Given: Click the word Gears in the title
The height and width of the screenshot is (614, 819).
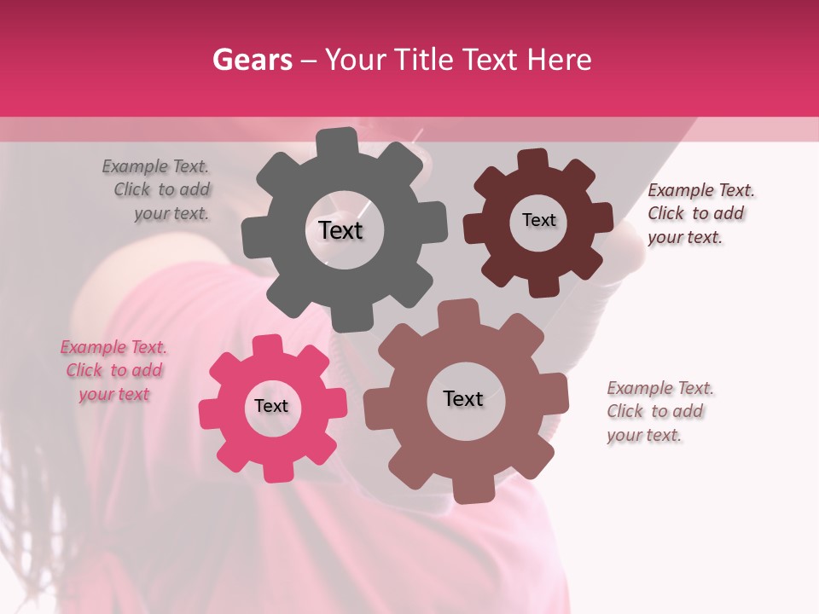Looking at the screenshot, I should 252,60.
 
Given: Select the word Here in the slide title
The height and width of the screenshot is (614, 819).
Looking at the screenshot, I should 560,60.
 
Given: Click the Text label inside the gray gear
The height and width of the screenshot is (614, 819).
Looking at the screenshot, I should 340,230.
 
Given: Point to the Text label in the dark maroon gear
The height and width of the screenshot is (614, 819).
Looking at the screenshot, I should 538,220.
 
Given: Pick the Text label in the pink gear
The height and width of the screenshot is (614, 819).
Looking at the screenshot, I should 271,406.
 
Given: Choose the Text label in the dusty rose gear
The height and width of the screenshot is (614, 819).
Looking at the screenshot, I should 463,398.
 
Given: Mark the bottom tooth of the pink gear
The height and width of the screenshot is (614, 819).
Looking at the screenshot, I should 278,470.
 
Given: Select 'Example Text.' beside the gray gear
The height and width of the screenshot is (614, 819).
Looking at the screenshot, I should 155,166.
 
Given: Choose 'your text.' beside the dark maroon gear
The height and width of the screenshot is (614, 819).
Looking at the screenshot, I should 684,237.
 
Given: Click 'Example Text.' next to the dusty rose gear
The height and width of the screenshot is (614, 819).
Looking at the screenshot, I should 660,388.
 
